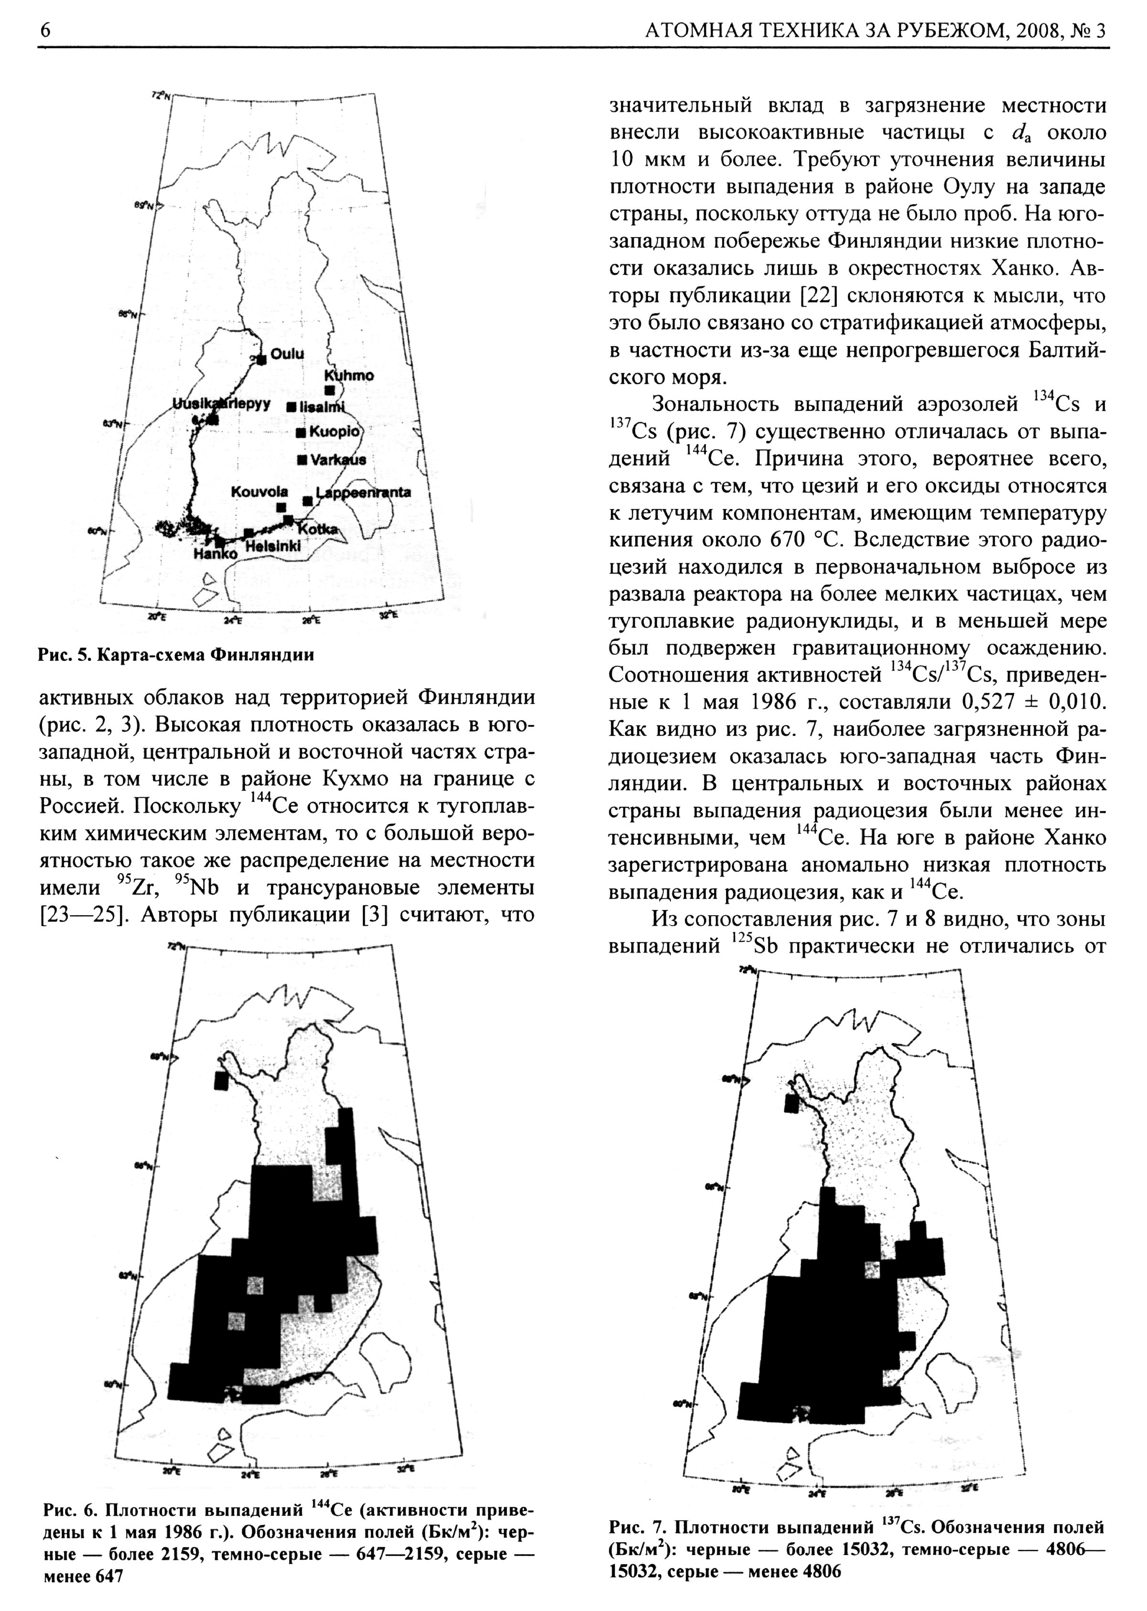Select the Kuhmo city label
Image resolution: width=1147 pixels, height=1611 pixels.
[348, 376]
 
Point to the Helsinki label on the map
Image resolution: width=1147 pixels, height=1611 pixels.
[273, 546]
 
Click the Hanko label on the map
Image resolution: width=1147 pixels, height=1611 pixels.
[216, 554]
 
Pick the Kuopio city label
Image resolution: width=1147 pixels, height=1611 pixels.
[335, 432]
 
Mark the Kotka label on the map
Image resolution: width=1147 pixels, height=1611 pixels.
[318, 529]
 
